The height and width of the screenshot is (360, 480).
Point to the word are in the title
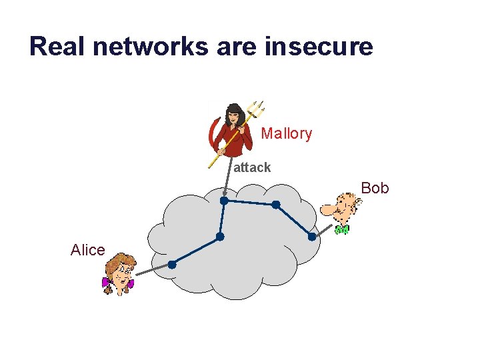(238, 47)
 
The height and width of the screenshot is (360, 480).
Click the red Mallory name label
(286, 133)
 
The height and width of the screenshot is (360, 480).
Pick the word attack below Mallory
(252, 167)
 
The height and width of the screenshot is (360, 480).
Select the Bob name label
(375, 188)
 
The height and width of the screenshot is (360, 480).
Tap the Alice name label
(87, 250)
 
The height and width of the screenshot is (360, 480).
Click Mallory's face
(234, 116)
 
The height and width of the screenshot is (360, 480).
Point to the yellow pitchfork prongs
(255, 109)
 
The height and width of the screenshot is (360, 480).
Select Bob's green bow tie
(342, 230)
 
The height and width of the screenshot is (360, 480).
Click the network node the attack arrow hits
(224, 200)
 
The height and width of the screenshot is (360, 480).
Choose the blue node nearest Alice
(171, 265)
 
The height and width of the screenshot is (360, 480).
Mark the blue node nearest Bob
(311, 237)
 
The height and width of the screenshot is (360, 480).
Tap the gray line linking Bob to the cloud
(323, 231)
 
